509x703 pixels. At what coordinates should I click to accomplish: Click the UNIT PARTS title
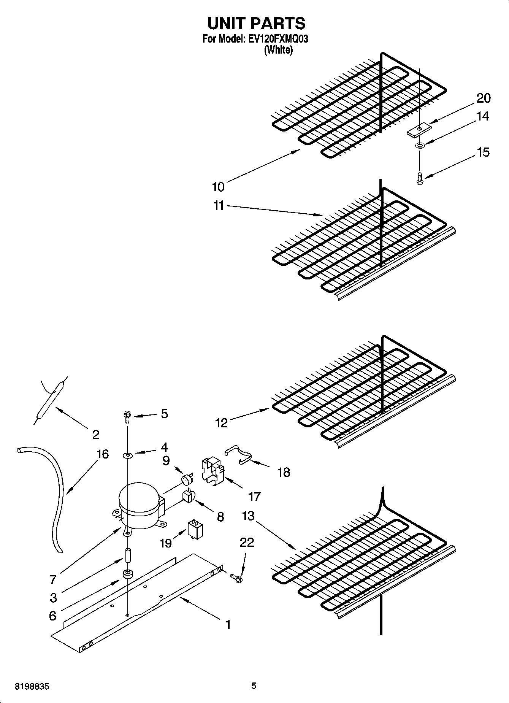point(256,24)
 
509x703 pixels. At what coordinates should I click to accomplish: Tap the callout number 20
point(483,98)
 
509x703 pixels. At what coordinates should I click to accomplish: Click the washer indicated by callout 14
point(420,146)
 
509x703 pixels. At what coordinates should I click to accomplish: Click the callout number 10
point(218,187)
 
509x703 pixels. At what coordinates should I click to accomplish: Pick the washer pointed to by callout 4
point(127,455)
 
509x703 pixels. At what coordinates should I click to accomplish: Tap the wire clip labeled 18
point(238,456)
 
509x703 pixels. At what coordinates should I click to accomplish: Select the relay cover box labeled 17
point(212,471)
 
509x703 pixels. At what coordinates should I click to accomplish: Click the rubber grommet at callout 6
point(127,574)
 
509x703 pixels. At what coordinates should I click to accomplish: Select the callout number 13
point(248,516)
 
